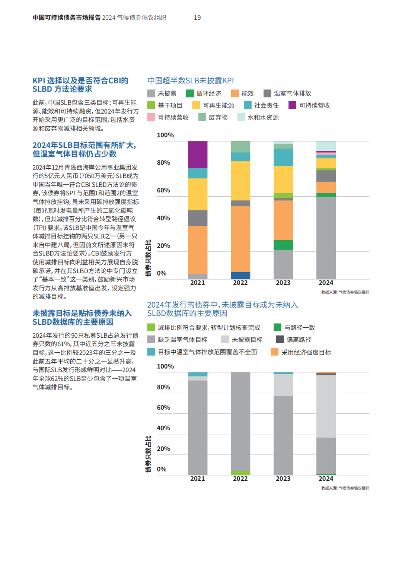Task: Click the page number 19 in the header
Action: coord(197,18)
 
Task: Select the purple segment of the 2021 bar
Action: coord(198,155)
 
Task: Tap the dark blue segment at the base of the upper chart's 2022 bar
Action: coord(240,276)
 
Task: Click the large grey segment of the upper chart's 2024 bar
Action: coord(326,238)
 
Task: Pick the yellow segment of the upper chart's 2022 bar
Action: coord(240,181)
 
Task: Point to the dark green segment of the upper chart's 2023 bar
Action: coord(283,245)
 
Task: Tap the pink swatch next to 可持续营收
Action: coord(151,117)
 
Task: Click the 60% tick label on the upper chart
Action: coord(163,190)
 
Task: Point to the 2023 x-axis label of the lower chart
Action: coord(283,479)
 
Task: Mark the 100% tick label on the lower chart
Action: coord(165,366)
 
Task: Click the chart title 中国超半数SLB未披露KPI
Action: coord(191,80)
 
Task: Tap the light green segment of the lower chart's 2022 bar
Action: coord(240,473)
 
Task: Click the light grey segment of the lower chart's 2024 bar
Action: coord(326,406)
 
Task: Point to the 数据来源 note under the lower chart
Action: coord(345,488)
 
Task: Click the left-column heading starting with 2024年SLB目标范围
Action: coord(84,149)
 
